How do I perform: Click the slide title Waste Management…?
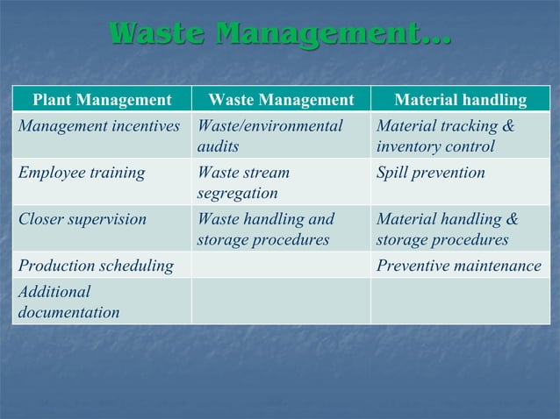coord(279,35)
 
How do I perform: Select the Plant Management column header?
coord(102,100)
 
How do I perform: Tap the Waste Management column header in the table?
coord(281,100)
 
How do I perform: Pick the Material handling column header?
coord(460,100)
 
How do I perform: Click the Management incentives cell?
coord(98,126)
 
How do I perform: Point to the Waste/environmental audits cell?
coord(269,136)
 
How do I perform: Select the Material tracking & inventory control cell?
coord(446,136)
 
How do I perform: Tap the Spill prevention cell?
coord(430,173)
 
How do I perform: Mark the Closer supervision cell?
coord(83,219)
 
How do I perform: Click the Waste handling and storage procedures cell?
coord(266,229)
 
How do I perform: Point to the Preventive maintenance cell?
coord(459,266)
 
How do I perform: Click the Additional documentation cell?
coord(69,302)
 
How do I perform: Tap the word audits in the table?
coord(218,147)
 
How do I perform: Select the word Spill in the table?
coord(393,173)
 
